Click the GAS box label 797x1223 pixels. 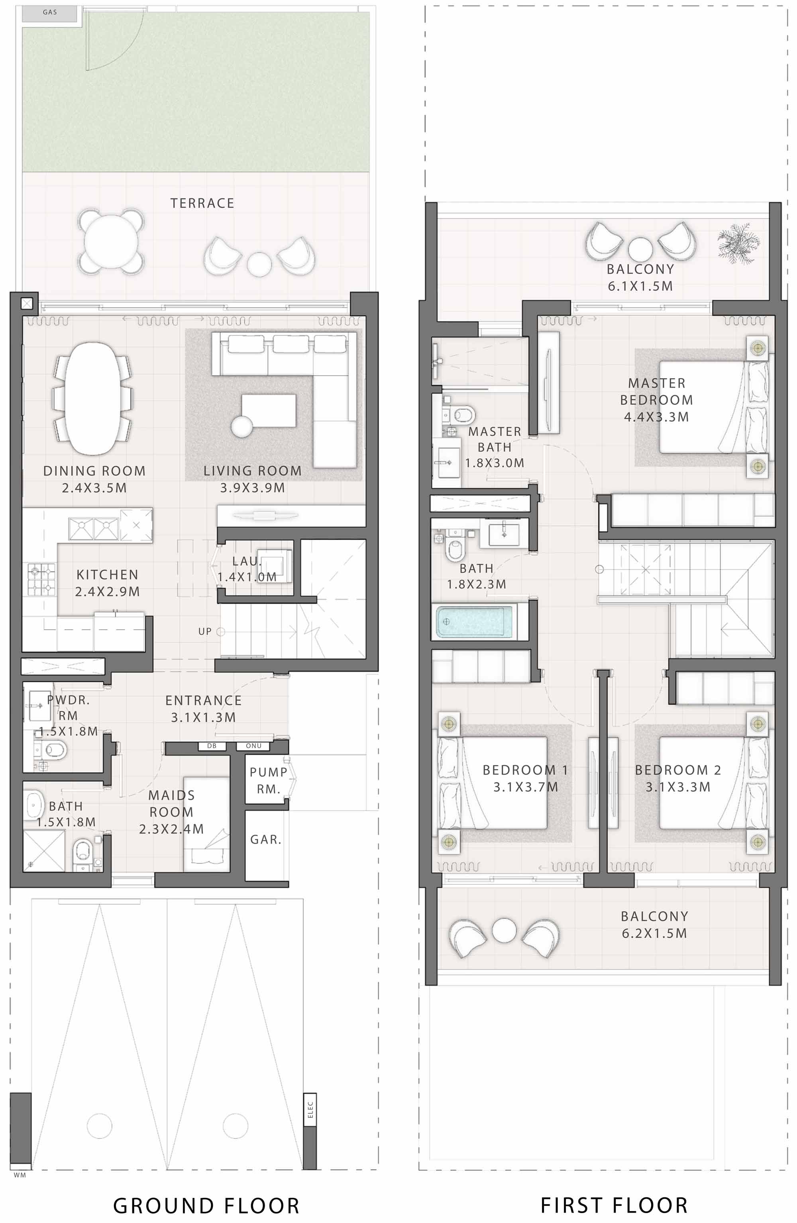(50, 12)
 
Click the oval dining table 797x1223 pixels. (93, 399)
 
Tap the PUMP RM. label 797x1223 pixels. (268, 780)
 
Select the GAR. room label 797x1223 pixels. (266, 840)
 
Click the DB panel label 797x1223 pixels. (212, 746)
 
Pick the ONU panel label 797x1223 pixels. (254, 746)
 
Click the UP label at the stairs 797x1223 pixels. (204, 632)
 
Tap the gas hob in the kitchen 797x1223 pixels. (41, 580)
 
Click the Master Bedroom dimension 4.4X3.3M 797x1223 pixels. (656, 417)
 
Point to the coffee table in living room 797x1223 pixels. (268, 410)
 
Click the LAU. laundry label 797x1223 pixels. (246, 561)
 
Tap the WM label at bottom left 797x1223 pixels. (20, 1175)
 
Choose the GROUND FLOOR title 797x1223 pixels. (206, 1205)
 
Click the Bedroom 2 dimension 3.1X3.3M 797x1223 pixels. (678, 787)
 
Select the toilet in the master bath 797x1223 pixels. (463, 414)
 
